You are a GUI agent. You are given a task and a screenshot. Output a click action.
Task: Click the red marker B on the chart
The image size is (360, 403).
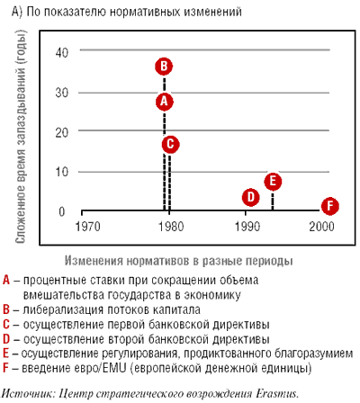point(164,67)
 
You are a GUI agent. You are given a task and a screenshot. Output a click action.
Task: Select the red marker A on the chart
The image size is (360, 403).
point(165,102)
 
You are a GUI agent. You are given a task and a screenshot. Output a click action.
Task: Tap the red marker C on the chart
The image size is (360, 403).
point(170,144)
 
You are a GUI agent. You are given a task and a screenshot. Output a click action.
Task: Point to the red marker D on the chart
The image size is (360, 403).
point(250,197)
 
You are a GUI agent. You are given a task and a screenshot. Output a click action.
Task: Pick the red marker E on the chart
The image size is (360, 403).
point(273,182)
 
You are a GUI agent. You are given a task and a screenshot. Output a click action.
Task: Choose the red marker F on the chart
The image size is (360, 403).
point(330,206)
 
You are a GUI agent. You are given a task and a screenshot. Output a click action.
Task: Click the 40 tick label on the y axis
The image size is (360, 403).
point(62,52)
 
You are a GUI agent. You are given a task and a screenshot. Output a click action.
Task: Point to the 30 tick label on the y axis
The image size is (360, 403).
point(62,93)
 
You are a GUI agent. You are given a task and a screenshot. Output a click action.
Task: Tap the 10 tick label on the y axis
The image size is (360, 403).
point(62,172)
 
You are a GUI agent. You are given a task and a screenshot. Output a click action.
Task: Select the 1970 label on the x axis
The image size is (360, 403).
point(87,227)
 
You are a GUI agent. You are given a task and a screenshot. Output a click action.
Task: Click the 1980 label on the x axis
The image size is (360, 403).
point(171,227)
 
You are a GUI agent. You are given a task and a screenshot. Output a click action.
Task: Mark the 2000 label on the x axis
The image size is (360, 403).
point(321,227)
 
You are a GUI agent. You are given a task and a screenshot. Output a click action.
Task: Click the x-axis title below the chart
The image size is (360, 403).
point(179,261)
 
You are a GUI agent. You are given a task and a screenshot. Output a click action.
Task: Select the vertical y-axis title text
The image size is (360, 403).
point(21,137)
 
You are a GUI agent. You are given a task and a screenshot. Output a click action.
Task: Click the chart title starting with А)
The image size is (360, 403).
point(127,12)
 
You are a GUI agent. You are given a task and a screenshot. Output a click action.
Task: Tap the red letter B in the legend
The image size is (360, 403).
point(6,309)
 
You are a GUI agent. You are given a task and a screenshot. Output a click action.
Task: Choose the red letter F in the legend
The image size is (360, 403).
point(5,368)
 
